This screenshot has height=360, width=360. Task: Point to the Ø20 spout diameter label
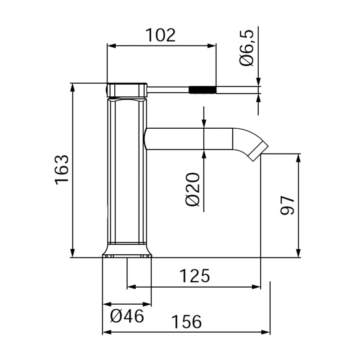(x=193, y=189)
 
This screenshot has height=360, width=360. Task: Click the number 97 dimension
(x=287, y=206)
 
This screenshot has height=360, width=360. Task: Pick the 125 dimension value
(x=194, y=275)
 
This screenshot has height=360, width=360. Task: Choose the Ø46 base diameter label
(x=127, y=317)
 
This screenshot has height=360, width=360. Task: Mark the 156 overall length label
(x=186, y=322)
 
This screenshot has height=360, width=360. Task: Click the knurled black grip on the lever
(x=202, y=90)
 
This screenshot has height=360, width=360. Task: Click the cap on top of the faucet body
(x=127, y=90)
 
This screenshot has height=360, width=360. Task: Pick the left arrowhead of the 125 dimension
(x=131, y=286)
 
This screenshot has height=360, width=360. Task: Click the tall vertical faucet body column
(x=127, y=171)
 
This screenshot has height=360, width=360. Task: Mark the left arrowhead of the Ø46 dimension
(x=106, y=305)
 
